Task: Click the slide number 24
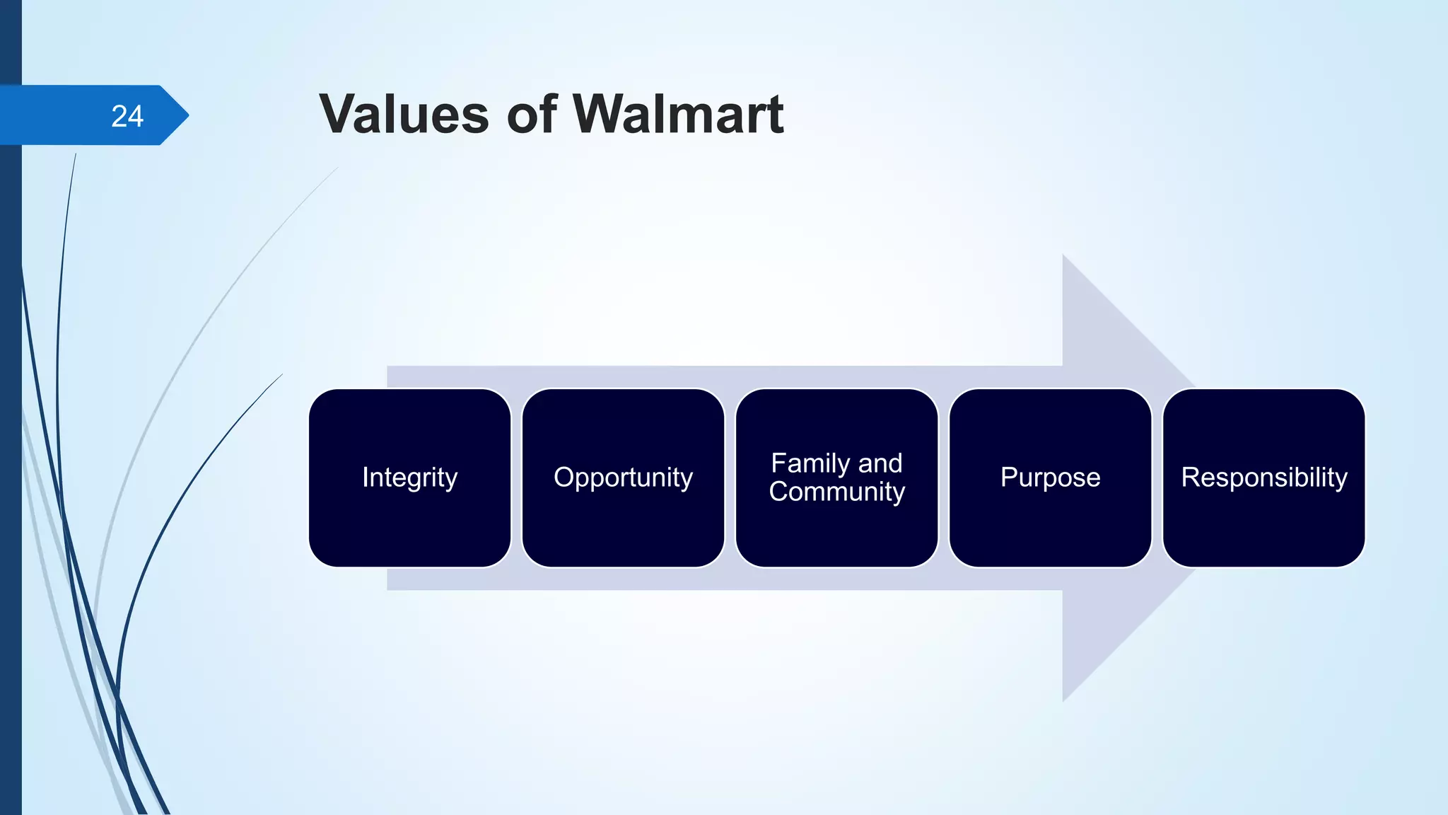coord(127,116)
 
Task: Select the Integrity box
coord(409,524)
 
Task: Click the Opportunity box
coord(623,524)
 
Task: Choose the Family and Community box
coord(836,531)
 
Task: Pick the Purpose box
coord(1050,524)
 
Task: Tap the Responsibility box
coord(1263,524)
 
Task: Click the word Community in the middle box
coord(836,492)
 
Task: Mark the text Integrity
coord(409,478)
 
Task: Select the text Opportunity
coord(623,478)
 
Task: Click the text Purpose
coord(1050,478)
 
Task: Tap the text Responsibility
coord(1263,478)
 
